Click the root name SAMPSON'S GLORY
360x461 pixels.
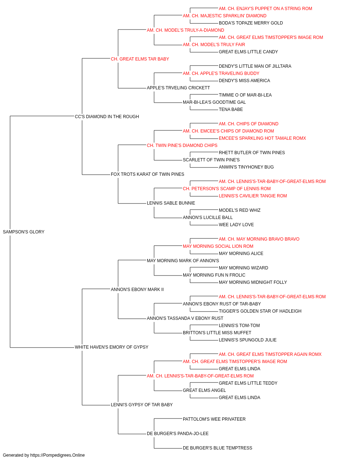click(x=23, y=232)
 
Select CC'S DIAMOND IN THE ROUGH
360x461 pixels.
click(x=107, y=117)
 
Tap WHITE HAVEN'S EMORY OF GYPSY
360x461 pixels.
click(x=112, y=347)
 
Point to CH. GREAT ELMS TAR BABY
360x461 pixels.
click(x=140, y=59)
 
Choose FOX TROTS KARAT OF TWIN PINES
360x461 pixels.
click(x=147, y=174)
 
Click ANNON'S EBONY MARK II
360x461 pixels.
click(x=137, y=290)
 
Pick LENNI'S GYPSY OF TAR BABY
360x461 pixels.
click(x=141, y=405)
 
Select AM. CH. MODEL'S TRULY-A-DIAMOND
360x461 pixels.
click(x=185, y=30)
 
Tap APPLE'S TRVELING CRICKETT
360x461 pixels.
click(x=178, y=88)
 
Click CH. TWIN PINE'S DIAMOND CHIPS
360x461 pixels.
click(x=182, y=146)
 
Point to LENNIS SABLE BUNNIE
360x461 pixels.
click(x=171, y=203)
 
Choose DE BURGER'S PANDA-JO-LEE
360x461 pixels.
click(x=178, y=434)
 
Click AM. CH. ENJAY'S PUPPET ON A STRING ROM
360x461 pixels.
click(x=265, y=9)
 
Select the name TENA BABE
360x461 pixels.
click(x=231, y=109)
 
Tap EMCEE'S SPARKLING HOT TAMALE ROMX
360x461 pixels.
click(x=262, y=138)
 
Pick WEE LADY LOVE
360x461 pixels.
click(x=236, y=225)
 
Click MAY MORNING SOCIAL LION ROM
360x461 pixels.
click(x=218, y=246)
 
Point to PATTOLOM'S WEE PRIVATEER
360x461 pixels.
click(x=214, y=419)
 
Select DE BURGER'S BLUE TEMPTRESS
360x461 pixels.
click(x=217, y=448)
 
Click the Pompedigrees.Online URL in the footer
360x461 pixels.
click(x=58, y=455)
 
